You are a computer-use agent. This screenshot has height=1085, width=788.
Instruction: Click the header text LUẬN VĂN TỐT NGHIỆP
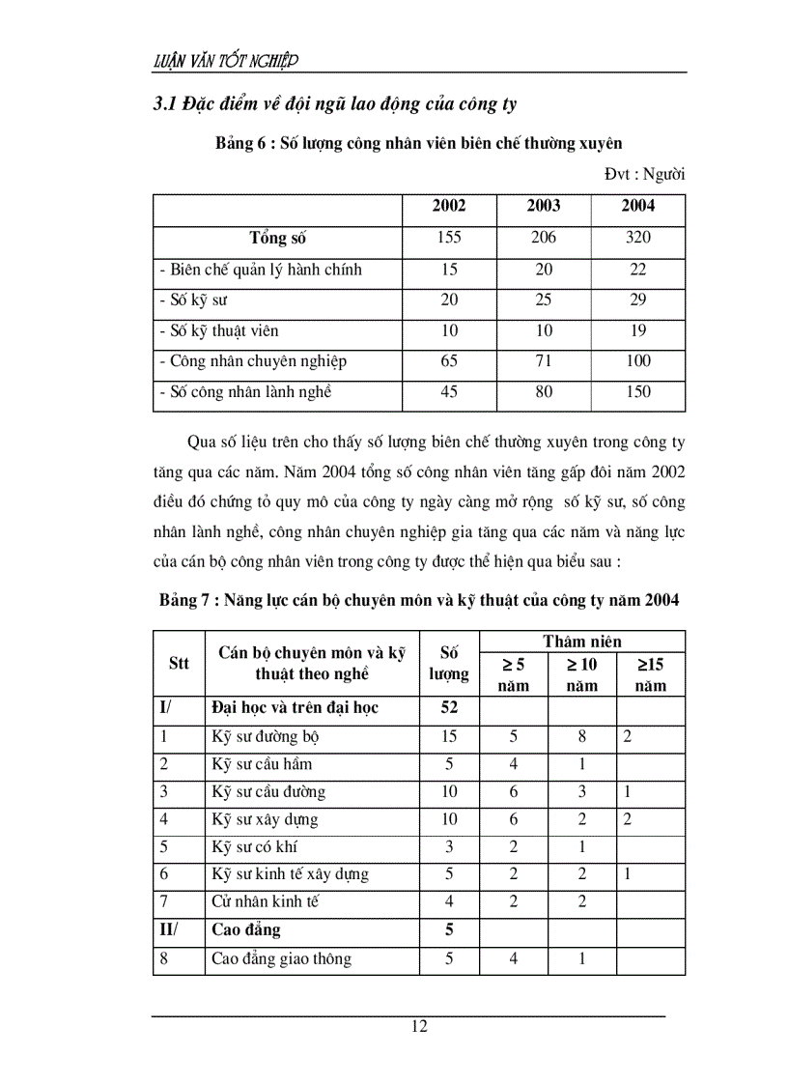coord(226,61)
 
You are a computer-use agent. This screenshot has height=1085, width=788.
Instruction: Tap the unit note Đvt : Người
coord(644,175)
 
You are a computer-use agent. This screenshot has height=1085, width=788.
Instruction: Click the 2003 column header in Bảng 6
coord(543,206)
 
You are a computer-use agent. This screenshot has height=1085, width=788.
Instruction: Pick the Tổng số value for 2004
coord(637,238)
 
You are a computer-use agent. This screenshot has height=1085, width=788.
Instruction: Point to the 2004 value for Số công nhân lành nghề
coord(637,392)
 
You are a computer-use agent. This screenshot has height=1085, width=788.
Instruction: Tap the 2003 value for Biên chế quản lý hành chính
coord(543,270)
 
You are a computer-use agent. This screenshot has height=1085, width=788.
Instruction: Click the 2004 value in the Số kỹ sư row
coord(637,300)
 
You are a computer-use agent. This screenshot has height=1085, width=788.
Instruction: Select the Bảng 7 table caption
coord(418,600)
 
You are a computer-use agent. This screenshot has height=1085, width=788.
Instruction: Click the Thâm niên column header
coord(581,642)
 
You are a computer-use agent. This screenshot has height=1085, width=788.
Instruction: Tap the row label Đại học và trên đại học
coord(295,708)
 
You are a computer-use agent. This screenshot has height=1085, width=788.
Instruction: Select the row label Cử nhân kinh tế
coord(265,902)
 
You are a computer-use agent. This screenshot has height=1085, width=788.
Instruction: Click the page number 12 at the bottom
coord(418,1027)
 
